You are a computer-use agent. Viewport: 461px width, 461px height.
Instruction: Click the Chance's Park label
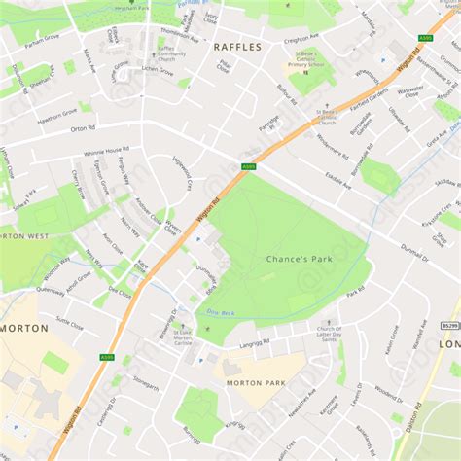300,259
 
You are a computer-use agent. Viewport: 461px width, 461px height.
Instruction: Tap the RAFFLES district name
237,46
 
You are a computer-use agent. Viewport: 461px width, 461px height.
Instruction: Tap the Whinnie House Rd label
106,151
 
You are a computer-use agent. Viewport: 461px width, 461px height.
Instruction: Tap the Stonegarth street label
144,384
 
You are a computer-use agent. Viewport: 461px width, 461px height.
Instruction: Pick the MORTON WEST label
23,235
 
